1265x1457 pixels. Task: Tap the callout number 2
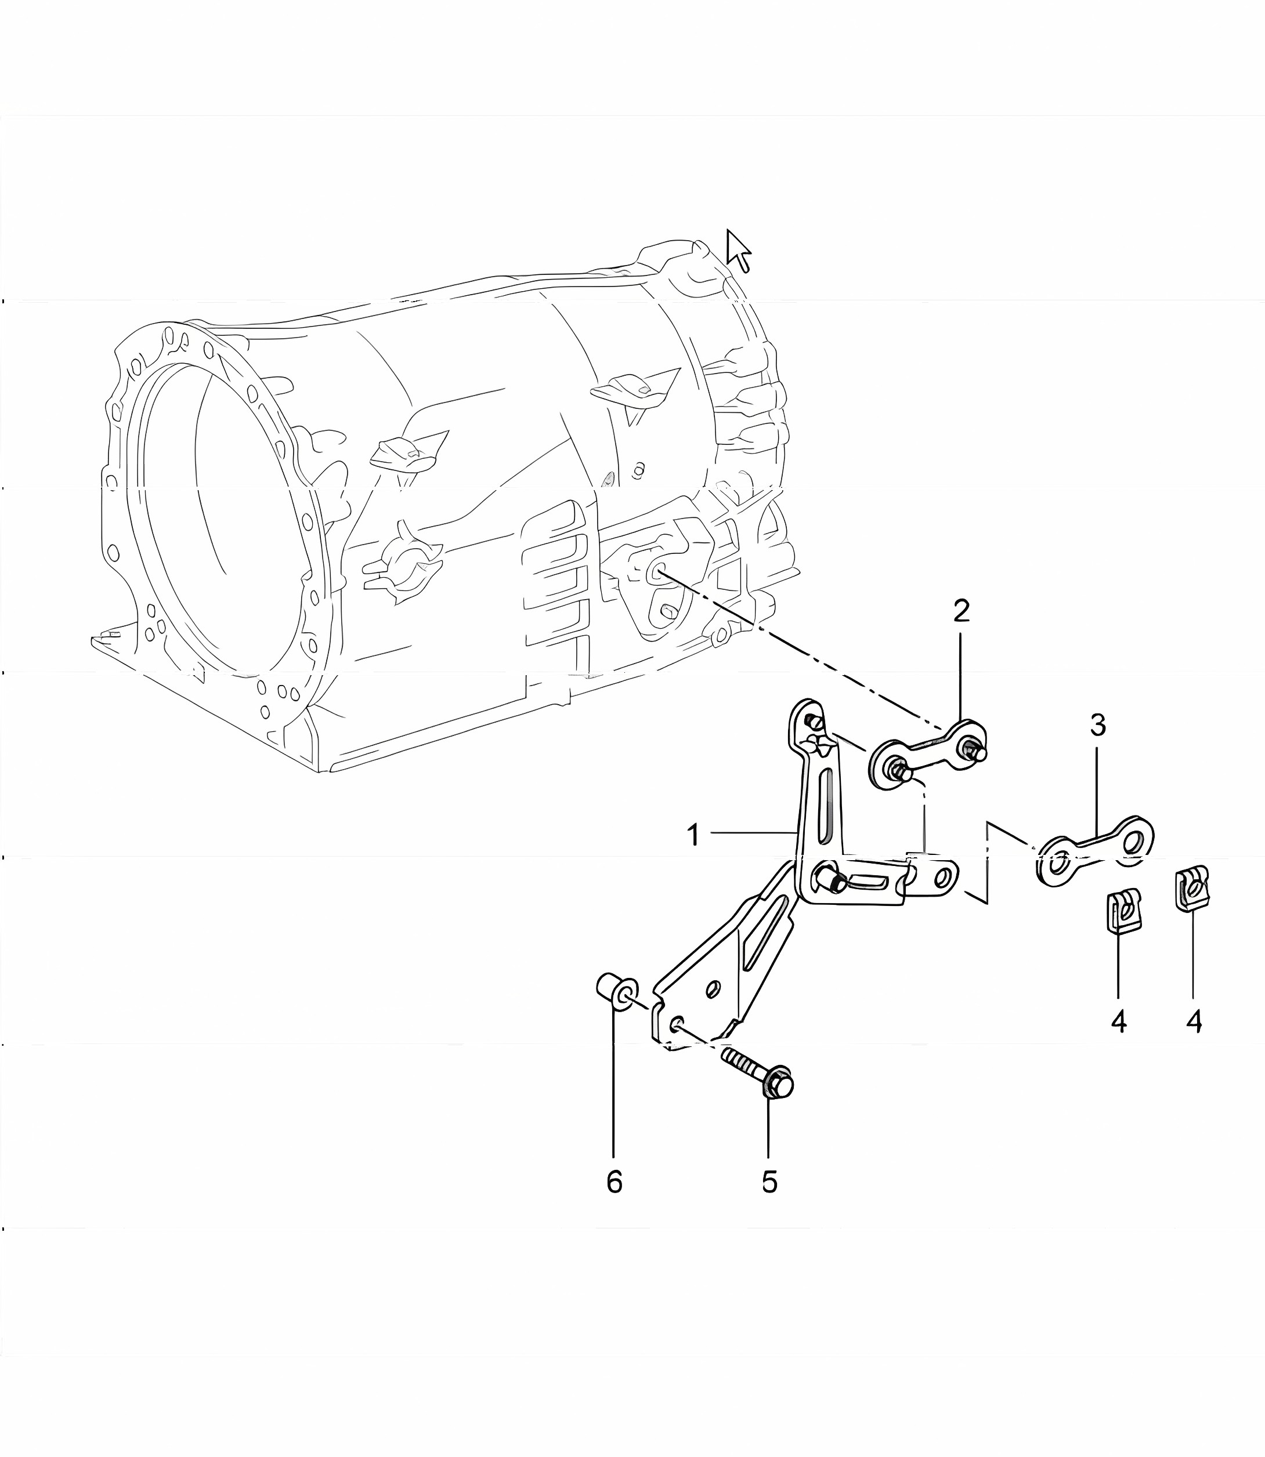tap(962, 611)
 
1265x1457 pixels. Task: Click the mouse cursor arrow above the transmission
tap(738, 251)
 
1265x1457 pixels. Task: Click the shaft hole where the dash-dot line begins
tap(656, 570)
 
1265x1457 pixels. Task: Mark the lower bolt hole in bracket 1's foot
tap(675, 1023)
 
